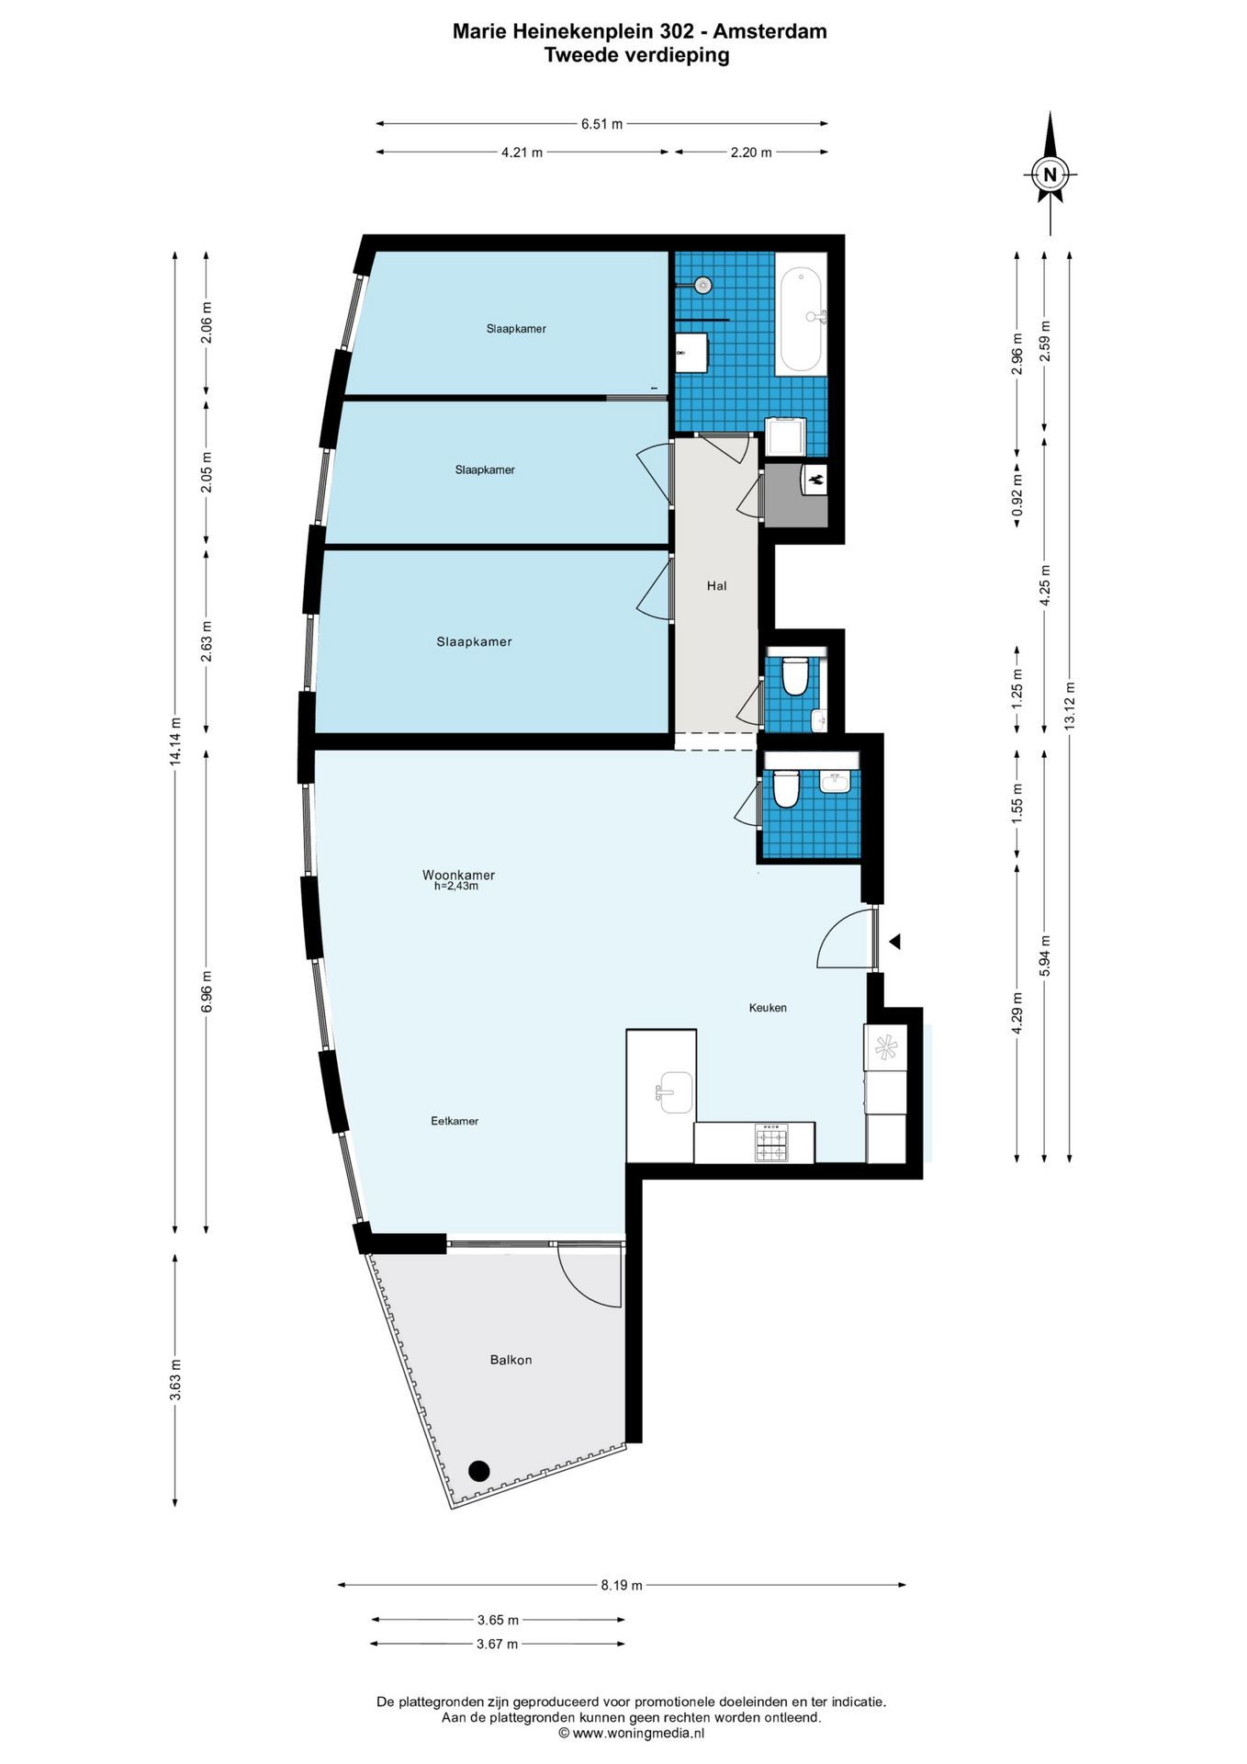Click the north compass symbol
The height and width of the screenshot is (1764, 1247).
point(1050,173)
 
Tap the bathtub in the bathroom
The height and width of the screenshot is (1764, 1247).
point(801,320)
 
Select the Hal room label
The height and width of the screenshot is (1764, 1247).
point(716,585)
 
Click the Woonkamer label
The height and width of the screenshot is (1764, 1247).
point(458,875)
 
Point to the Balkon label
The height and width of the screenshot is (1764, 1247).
point(511,1360)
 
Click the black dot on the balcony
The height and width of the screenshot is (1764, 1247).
point(478,1471)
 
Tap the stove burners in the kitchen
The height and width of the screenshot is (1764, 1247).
point(770,1142)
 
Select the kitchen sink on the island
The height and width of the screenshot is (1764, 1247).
point(674,1092)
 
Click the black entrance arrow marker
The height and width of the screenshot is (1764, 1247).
point(893,942)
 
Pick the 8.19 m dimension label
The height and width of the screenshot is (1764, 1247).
point(622,1585)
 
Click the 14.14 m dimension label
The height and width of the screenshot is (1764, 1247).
point(174,741)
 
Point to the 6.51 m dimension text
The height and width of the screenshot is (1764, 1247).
point(601,124)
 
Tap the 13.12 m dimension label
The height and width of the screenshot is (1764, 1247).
point(1070,706)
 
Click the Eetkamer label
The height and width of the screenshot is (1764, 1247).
point(455,1121)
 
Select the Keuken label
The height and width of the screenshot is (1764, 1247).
point(768,1008)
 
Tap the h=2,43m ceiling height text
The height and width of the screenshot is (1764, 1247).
point(456,887)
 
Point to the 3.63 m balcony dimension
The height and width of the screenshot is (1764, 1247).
point(174,1380)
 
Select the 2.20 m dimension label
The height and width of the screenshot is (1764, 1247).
point(751,153)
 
